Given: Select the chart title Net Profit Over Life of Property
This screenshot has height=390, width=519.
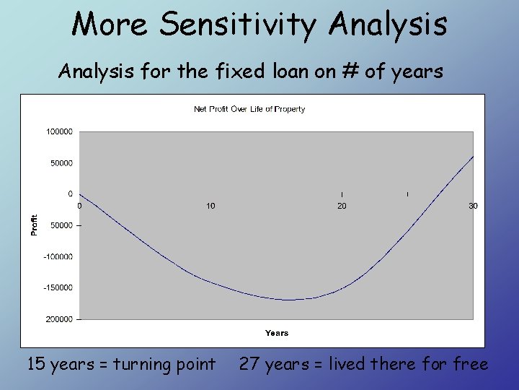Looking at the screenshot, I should (x=249, y=109).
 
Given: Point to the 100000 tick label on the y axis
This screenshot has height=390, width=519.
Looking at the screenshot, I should (x=59, y=131).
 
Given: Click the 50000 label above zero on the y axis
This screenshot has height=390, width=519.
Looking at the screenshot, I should (x=61, y=163).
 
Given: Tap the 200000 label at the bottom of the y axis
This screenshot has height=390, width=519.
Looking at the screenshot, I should (x=59, y=319).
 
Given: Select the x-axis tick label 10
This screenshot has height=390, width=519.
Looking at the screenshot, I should (x=210, y=206).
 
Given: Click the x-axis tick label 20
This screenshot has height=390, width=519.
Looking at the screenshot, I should (x=342, y=206).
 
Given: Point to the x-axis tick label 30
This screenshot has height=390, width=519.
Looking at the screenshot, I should (x=473, y=206).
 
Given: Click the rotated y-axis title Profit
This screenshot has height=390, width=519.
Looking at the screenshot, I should (x=33, y=225).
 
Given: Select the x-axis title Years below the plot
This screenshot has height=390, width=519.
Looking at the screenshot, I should (x=276, y=333).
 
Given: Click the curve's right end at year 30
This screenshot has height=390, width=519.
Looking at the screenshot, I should (x=473, y=156).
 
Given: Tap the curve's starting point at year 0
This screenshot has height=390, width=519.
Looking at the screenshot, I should (x=80, y=194).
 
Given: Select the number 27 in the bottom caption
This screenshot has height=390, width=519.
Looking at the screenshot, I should (x=249, y=364).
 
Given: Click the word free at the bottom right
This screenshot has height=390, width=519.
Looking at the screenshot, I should (x=470, y=364).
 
